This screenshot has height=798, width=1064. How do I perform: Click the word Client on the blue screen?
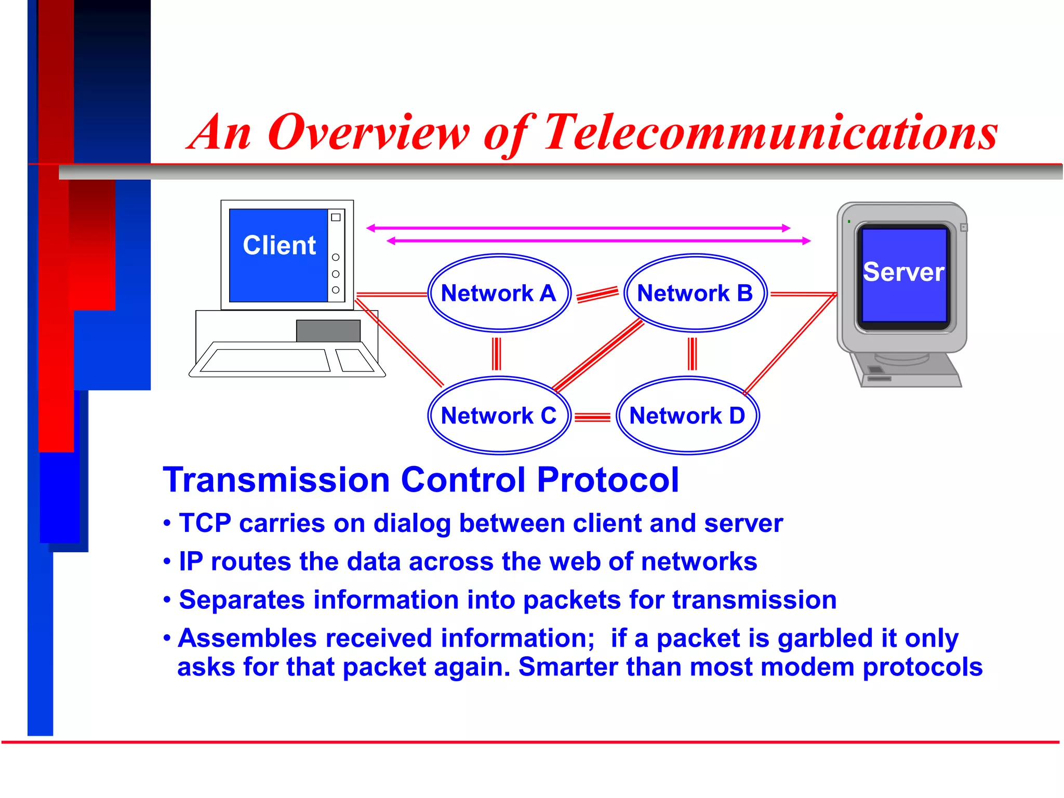coord(279,245)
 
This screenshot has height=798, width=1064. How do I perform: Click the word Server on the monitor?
coord(903,272)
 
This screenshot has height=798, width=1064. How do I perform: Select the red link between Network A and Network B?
coord(597,294)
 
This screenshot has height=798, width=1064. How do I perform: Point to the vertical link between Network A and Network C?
coord(497,354)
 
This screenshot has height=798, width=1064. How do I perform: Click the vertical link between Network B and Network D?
coord(692,354)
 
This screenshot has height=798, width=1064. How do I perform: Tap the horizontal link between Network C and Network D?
coord(593,417)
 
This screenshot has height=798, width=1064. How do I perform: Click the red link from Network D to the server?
coord(790,344)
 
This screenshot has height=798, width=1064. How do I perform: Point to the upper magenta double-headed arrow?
coord(578,228)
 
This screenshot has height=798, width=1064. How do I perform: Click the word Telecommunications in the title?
coord(771,133)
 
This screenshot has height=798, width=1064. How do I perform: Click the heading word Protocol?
coord(608,479)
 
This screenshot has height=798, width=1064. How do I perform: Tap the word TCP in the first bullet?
coord(205,523)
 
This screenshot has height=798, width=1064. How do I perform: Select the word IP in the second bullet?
coord(191,562)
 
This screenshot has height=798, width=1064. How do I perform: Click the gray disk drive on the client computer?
coord(328,331)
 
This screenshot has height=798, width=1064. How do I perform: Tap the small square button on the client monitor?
coord(336,217)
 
